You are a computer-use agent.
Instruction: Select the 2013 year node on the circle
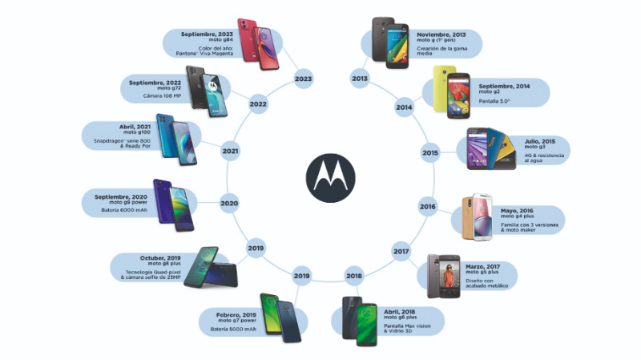360,79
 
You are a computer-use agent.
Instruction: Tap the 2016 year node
427,207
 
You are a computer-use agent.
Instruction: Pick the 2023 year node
303,79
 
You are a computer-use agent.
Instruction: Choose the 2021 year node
231,151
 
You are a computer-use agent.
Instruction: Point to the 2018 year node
354,277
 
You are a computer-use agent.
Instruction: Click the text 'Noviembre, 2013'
442,36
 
